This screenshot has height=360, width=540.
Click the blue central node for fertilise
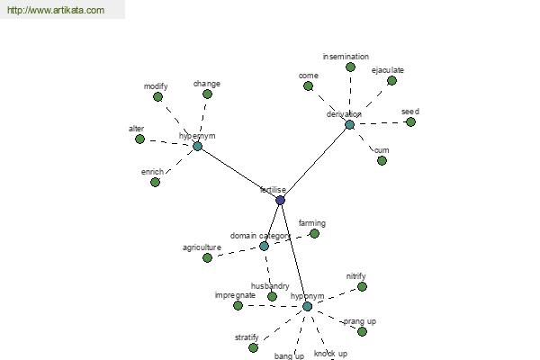(x=280, y=200)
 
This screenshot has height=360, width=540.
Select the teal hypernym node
(x=197, y=147)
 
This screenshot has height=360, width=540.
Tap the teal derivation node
(x=349, y=125)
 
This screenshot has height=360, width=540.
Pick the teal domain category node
(x=264, y=246)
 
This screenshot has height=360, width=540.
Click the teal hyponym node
(x=308, y=306)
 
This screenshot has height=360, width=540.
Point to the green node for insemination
(x=351, y=67)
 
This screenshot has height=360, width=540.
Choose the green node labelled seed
(x=410, y=121)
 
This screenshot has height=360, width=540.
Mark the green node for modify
(x=157, y=97)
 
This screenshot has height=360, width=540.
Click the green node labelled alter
(x=139, y=139)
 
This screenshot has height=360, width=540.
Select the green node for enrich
(x=156, y=182)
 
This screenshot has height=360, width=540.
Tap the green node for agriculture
(x=207, y=257)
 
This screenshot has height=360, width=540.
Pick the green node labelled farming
(x=314, y=234)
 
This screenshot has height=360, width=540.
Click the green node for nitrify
(x=362, y=286)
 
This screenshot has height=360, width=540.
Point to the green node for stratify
(x=253, y=347)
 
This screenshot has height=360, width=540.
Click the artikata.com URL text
(x=56, y=10)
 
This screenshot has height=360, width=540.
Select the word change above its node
(x=207, y=84)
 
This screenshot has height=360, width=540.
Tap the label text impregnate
(x=235, y=295)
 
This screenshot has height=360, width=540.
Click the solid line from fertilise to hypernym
(x=238, y=174)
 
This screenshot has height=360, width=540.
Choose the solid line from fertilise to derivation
(x=315, y=163)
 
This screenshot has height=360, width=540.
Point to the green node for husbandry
(x=272, y=296)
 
